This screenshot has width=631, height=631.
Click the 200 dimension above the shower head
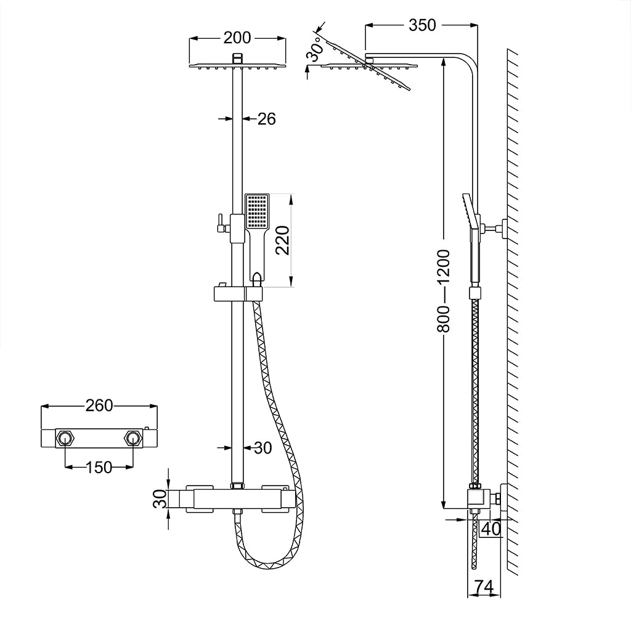pyautogui.click(x=237, y=38)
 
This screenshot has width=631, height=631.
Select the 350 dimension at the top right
pyautogui.click(x=422, y=25)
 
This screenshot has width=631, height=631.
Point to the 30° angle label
pyautogui.click(x=316, y=49)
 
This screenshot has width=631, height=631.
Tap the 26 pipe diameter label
pyautogui.click(x=266, y=118)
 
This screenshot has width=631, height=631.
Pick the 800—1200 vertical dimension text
pyautogui.click(x=444, y=290)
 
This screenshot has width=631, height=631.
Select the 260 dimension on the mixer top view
pyautogui.click(x=99, y=405)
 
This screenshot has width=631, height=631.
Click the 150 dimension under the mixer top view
pyautogui.click(x=99, y=467)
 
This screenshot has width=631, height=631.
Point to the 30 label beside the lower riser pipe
pyautogui.click(x=263, y=448)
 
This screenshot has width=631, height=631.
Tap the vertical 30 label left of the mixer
pyautogui.click(x=160, y=498)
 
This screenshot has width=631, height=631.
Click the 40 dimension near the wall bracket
pyautogui.click(x=491, y=528)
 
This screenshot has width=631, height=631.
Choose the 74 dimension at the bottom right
pyautogui.click(x=485, y=587)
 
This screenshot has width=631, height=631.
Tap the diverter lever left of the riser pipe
pyautogui.click(x=219, y=224)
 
